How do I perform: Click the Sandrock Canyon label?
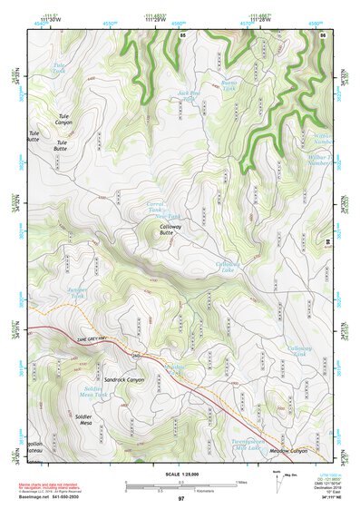pos(124,378)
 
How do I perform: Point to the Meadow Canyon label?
pos(287,450)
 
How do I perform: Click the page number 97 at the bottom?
pos(180,498)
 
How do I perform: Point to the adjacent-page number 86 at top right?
pos(323,34)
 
